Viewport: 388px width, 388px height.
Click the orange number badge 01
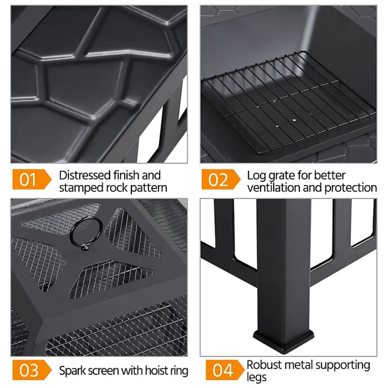[28, 180]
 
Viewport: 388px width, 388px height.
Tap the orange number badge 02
[217, 180]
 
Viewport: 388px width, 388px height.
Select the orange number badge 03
[28, 370]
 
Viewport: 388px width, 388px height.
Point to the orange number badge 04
[217, 370]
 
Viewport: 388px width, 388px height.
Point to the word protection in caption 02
[351, 188]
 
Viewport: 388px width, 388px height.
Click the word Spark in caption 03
[73, 370]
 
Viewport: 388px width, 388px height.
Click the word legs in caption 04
[257, 377]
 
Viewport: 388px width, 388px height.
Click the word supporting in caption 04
[340, 365]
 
